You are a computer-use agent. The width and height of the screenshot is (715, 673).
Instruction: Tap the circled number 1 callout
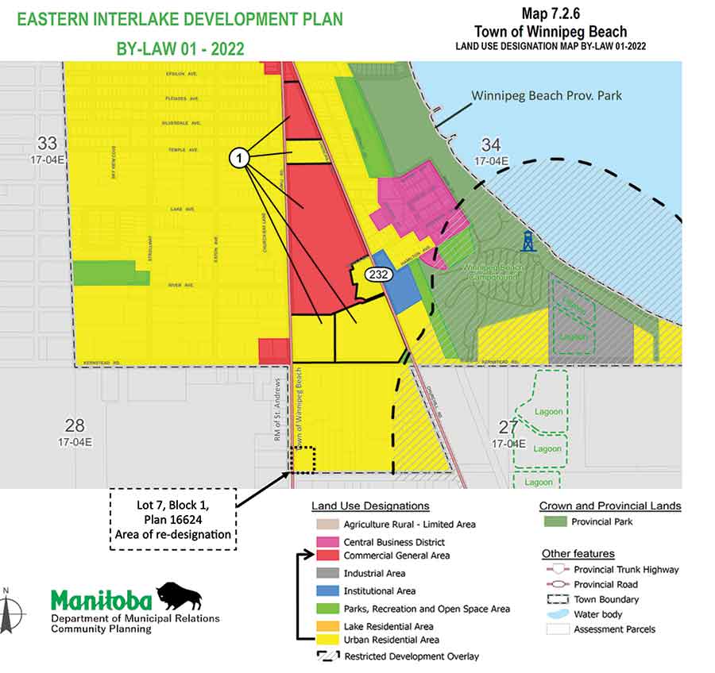coord(241,158)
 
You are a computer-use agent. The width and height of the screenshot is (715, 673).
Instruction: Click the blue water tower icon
coord(528,241)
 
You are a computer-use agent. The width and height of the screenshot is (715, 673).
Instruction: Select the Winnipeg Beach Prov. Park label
coord(547,95)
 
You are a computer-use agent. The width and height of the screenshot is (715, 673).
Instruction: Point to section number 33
coord(48,143)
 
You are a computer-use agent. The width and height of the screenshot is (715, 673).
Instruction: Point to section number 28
coord(75,425)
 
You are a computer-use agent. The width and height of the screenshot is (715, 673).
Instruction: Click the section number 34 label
coord(490,144)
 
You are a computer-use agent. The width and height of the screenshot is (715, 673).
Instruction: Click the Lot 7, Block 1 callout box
coord(172,519)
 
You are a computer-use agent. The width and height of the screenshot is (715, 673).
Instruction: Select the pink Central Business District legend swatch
coord(324,542)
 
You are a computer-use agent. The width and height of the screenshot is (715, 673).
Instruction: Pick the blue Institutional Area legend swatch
coord(324,590)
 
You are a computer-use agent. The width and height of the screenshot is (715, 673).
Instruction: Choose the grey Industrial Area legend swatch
coord(324,573)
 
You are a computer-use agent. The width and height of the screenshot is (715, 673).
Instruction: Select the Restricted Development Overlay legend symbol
coord(324,656)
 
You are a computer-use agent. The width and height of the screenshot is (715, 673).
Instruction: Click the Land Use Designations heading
coord(370,506)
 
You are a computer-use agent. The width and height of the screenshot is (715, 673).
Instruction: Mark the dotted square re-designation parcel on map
coord(303,460)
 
